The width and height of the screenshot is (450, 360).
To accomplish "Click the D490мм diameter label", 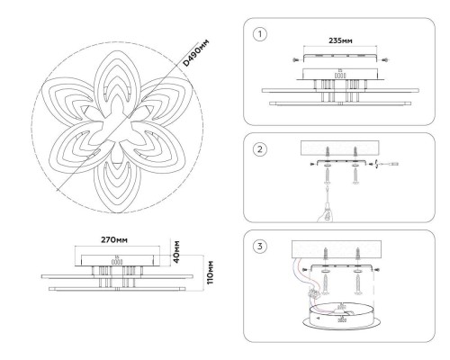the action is (195, 53).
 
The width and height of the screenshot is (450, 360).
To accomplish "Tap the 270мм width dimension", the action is (114, 240).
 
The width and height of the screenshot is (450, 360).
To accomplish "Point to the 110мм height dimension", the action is (211, 273).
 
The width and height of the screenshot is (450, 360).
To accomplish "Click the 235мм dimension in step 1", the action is (340, 40).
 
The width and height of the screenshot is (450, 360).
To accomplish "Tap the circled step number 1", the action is (260, 34).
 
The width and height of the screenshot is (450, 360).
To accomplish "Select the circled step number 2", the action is (260, 149).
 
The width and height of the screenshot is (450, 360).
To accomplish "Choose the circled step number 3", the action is (260, 247).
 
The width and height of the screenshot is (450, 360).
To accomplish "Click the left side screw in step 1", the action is (296, 60).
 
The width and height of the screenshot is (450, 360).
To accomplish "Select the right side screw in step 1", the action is (385, 60).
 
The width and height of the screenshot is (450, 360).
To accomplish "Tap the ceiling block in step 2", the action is (340, 148).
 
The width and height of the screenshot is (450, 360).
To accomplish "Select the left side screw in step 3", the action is (305, 270).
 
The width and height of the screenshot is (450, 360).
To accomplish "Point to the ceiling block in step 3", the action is (337, 249).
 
